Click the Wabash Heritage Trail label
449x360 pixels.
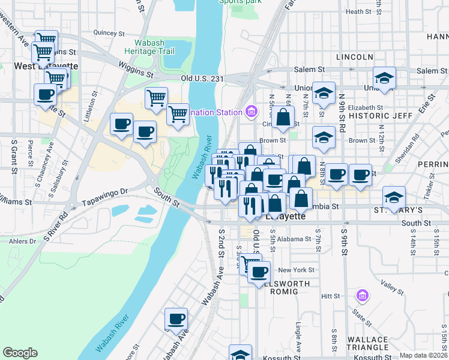point(149,46)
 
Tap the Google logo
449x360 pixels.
point(20,353)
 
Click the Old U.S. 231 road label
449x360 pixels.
point(202,79)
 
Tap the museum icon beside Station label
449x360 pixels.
point(251,112)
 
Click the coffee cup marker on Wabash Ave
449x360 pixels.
point(176,319)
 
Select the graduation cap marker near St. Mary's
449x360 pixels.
point(394,196)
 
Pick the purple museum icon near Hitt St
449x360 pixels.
point(361,296)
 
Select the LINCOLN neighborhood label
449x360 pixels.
point(355,57)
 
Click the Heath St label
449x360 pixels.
point(358,11)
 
